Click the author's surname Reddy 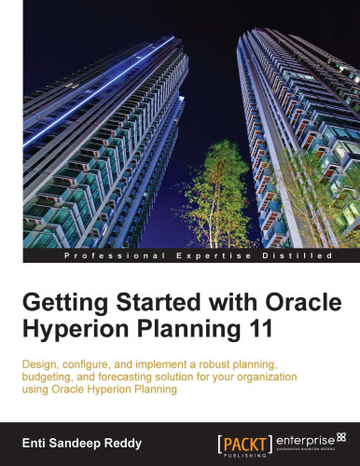point(120,437)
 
